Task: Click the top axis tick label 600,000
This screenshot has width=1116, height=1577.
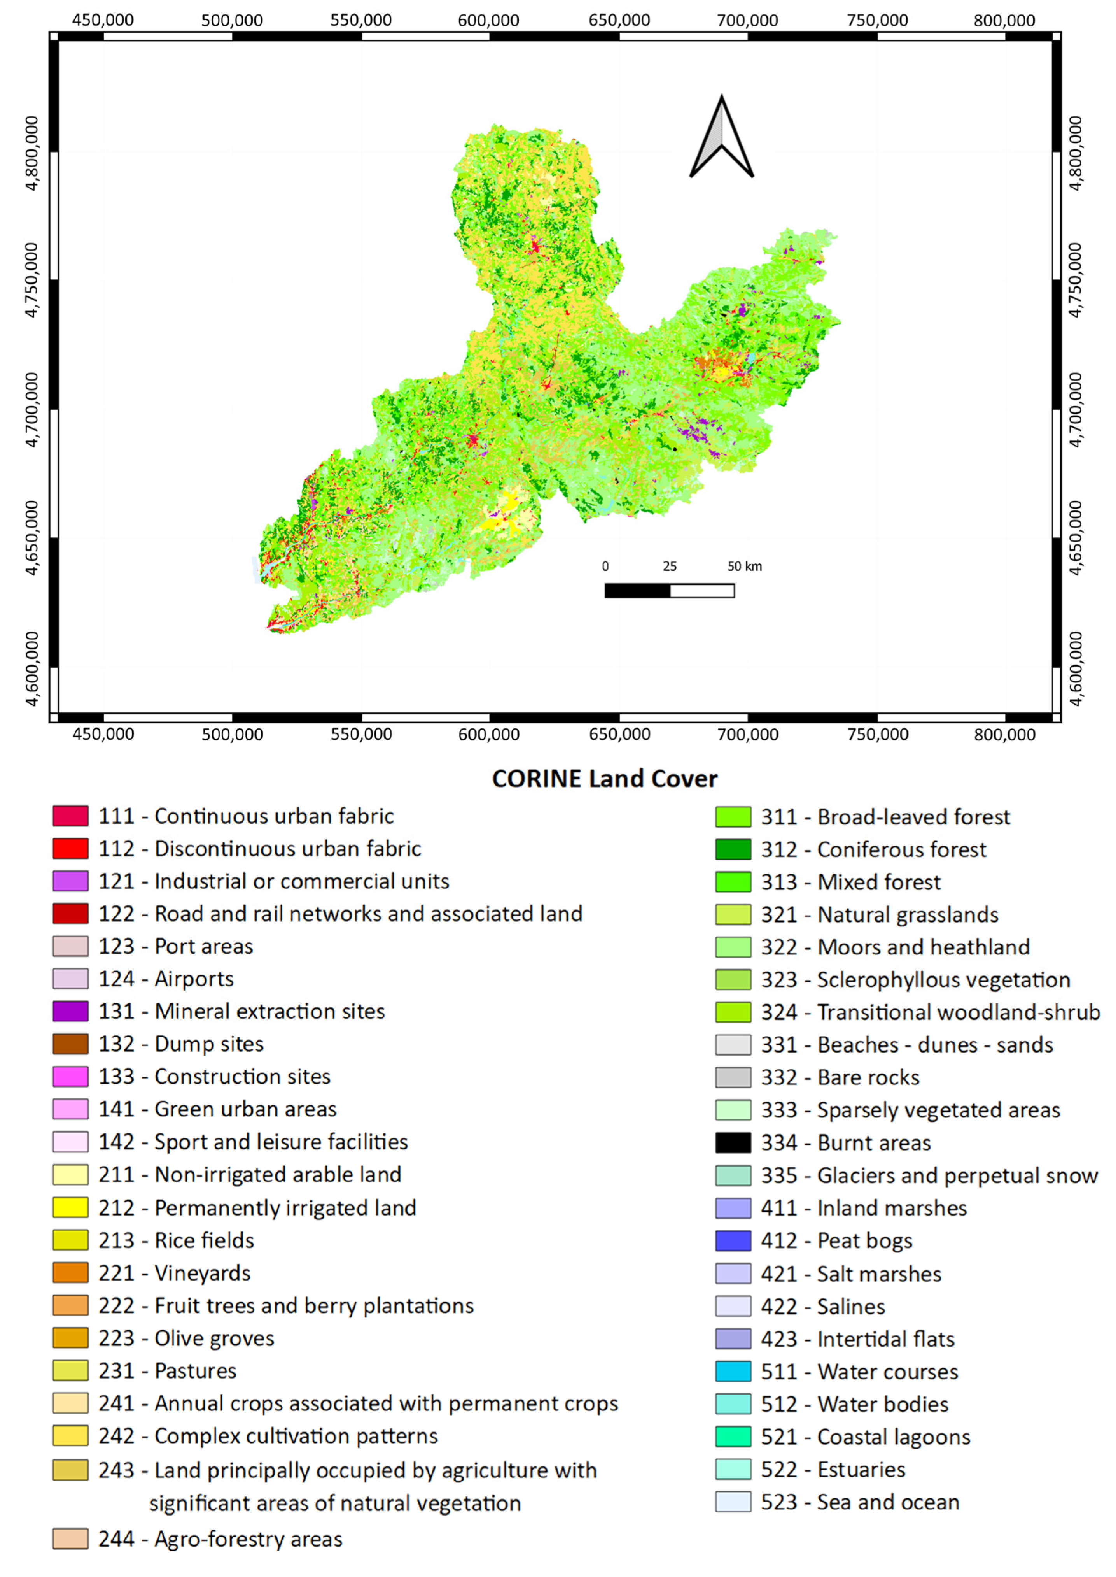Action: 489,20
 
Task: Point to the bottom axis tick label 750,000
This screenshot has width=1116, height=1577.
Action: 877,734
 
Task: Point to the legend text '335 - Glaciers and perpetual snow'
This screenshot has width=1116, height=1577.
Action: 929,1175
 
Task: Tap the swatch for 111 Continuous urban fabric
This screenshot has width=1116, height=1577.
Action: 70,816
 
